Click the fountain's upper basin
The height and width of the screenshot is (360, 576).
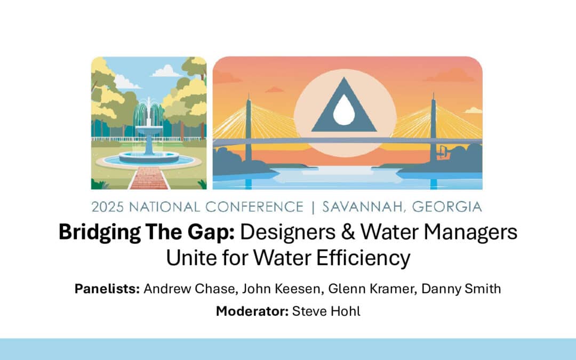(149, 130)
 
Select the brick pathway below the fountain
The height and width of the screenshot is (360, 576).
(149, 178)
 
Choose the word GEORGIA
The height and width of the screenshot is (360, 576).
(447, 207)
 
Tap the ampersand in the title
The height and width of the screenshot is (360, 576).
(348, 232)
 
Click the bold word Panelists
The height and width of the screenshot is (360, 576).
(107, 289)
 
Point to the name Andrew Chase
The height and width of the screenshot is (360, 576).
(189, 289)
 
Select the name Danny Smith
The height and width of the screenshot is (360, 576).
(461, 289)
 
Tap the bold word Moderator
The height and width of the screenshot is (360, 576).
(252, 311)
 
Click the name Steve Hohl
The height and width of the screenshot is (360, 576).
(326, 311)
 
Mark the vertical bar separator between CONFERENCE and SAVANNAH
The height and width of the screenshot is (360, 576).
(313, 207)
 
